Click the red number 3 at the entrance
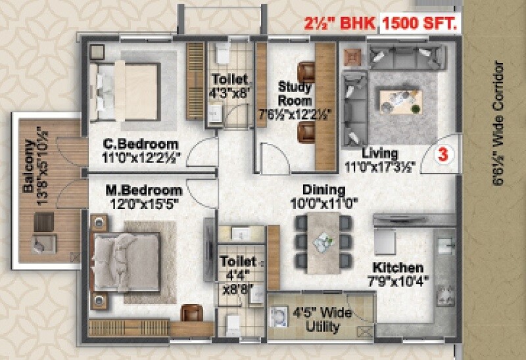443,156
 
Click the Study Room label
295,93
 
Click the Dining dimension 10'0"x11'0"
323,204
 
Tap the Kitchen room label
398,267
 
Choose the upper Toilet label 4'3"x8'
229,85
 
